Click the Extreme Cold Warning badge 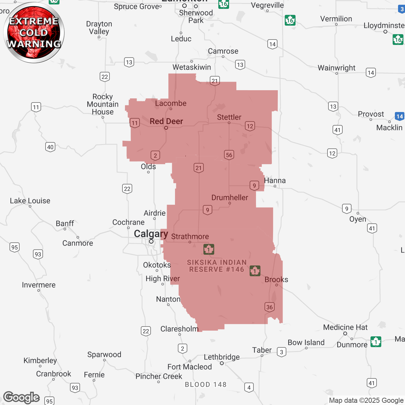tap(34, 33)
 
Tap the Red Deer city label tap(166, 121)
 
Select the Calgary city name tap(151, 234)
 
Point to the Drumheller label tap(230, 197)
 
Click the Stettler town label tap(229, 117)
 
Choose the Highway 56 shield tap(229, 155)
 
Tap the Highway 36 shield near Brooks tap(270, 307)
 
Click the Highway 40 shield tap(50, 147)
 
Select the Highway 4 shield tap(249, 387)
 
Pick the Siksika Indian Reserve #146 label tap(217, 266)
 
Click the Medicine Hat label tap(345, 327)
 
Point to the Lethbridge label tap(221, 357)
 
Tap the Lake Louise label tap(30, 201)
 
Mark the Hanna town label tap(275, 180)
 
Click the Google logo tap(22, 397)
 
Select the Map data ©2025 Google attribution tap(366, 400)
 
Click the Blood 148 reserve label tap(206, 384)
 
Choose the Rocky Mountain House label tap(103, 104)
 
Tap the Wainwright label tap(336, 68)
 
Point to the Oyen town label tap(358, 219)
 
